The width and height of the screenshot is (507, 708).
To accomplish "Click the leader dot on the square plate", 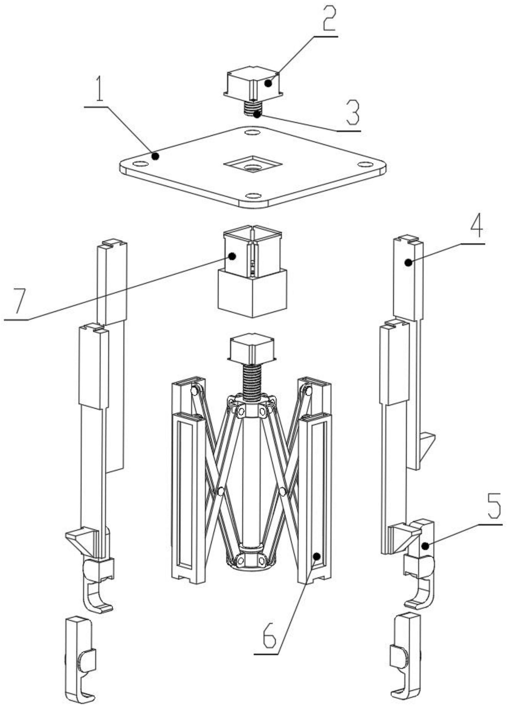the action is (155, 155).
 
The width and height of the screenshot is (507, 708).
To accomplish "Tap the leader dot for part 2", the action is (268, 83).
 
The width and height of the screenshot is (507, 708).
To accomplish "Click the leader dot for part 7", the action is (231, 256).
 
